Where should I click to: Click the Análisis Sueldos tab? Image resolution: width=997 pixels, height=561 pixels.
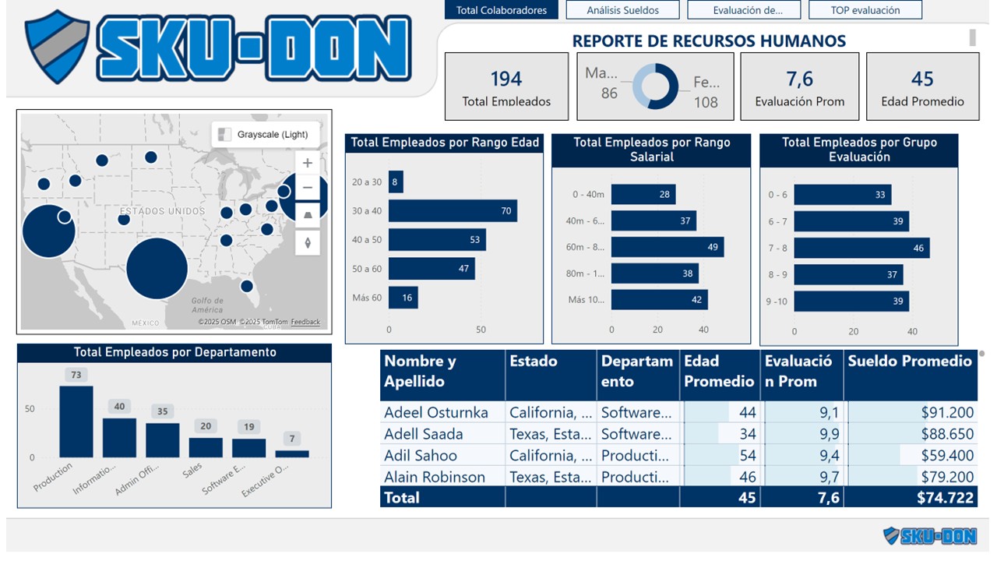point(622,10)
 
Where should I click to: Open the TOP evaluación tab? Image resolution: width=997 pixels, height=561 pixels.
point(865,10)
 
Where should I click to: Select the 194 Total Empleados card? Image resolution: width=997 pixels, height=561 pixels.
point(506,86)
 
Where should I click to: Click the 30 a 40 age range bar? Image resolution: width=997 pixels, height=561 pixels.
point(453,210)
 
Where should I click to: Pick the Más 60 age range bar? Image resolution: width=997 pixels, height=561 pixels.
point(403,298)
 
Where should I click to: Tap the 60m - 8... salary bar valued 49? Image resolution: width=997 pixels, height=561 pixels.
point(667,247)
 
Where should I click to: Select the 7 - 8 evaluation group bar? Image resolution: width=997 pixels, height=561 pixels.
point(861,248)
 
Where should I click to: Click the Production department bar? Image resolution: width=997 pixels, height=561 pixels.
point(76,422)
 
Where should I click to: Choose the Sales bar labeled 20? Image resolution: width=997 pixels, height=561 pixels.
point(206,447)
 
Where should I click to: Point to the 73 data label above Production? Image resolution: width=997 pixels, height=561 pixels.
point(76,375)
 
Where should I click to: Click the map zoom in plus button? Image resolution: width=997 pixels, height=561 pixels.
point(308,163)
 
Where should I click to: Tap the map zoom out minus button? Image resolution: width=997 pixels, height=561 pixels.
point(308,188)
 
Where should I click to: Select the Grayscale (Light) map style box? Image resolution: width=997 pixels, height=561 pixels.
point(266,134)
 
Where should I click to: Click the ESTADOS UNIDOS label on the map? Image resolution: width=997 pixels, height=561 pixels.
point(162,211)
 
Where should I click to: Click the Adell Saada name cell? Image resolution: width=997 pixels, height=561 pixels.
point(424,434)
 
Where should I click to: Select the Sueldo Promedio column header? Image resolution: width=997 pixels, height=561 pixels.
point(910,362)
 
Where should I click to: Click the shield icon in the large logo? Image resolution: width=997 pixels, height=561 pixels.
point(57,46)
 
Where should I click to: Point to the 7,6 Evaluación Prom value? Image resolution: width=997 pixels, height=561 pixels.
point(799,79)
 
